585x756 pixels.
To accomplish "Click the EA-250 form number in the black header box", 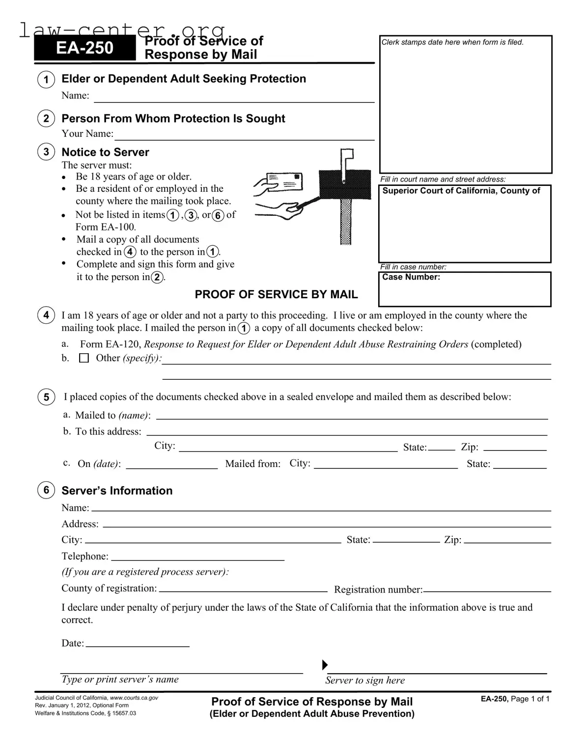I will tap(84, 48).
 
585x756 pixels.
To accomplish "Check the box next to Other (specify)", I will tap(84, 359).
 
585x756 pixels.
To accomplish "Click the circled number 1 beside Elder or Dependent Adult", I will tap(46, 80).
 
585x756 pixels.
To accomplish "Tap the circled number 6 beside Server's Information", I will tap(46, 490).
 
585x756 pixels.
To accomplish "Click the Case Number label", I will tap(411, 277).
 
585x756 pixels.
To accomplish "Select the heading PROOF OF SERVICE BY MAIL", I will tap(276, 294).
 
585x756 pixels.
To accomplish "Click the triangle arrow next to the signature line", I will tap(324, 665).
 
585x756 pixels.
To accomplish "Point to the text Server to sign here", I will tap(365, 680).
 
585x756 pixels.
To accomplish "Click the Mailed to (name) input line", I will tap(351, 418).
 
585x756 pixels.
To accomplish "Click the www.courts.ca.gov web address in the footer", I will tap(134, 698).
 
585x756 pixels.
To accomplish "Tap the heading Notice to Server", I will tap(105, 152).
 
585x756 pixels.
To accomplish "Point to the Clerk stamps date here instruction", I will tap(452, 42).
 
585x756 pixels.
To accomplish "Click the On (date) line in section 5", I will tap(171, 468).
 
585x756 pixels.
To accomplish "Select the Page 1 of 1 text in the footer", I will tap(529, 699).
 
